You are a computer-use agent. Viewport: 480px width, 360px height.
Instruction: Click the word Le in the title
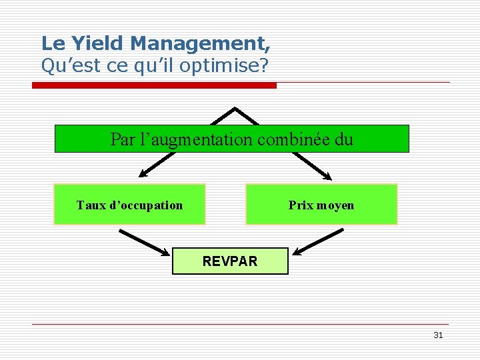[51, 44]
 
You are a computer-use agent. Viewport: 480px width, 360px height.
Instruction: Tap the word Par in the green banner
[122, 140]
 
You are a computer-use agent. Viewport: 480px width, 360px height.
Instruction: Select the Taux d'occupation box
[129, 205]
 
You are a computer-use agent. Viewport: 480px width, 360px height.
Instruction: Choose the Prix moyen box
[321, 205]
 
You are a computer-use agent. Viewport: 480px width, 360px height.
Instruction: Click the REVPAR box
[230, 261]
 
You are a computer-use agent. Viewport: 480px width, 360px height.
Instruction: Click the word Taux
[90, 205]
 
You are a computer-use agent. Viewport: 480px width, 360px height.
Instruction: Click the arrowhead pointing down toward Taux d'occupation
[143, 173]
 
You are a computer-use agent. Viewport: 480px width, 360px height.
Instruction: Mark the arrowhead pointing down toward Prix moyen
[326, 175]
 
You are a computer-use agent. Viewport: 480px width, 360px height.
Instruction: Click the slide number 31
[437, 335]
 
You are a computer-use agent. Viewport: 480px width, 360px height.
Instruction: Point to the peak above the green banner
[235, 109]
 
